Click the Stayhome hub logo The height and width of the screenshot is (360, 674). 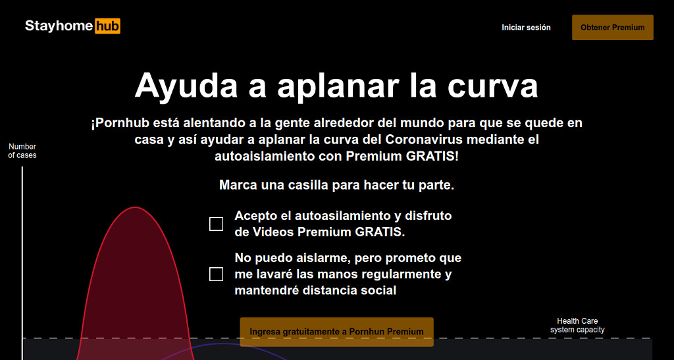tap(72, 26)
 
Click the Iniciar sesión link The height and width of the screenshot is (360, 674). tap(526, 28)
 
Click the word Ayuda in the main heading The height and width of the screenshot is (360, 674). tap(186, 86)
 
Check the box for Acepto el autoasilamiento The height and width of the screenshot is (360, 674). tap(216, 224)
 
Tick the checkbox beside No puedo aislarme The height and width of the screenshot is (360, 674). tap(216, 274)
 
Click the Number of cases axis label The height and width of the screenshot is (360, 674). tap(22, 151)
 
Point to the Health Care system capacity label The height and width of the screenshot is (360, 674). tap(577, 326)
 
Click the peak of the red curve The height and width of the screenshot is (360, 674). tap(135, 207)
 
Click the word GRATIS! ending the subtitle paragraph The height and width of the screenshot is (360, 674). tap(432, 156)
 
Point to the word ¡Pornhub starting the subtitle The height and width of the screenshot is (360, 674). tap(120, 123)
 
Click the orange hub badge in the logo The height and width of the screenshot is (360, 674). tap(107, 26)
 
